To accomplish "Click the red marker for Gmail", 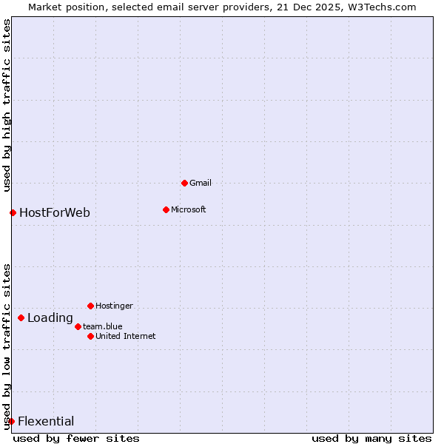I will coord(184,183).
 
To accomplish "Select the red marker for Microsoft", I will coord(166,209).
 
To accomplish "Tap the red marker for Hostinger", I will coord(90,306).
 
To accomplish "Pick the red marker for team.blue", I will coord(78,326).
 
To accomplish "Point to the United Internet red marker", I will coord(90,336).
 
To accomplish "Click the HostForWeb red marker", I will coord(13,213).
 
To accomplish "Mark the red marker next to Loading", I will coord(21,318).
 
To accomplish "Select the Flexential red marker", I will coord(11,422).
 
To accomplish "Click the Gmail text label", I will coord(201,183).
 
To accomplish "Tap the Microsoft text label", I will coord(188,209).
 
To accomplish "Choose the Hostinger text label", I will coord(114,306).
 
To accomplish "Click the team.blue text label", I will coord(102,326).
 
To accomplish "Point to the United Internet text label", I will coord(125,336).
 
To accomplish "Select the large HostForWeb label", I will coord(55,213).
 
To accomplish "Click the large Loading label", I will coord(50,318).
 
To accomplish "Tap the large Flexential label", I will coord(46,422).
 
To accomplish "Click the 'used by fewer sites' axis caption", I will coord(76,438).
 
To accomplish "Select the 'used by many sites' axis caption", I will coord(371,438).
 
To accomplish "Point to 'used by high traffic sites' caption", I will coord(7,106).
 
